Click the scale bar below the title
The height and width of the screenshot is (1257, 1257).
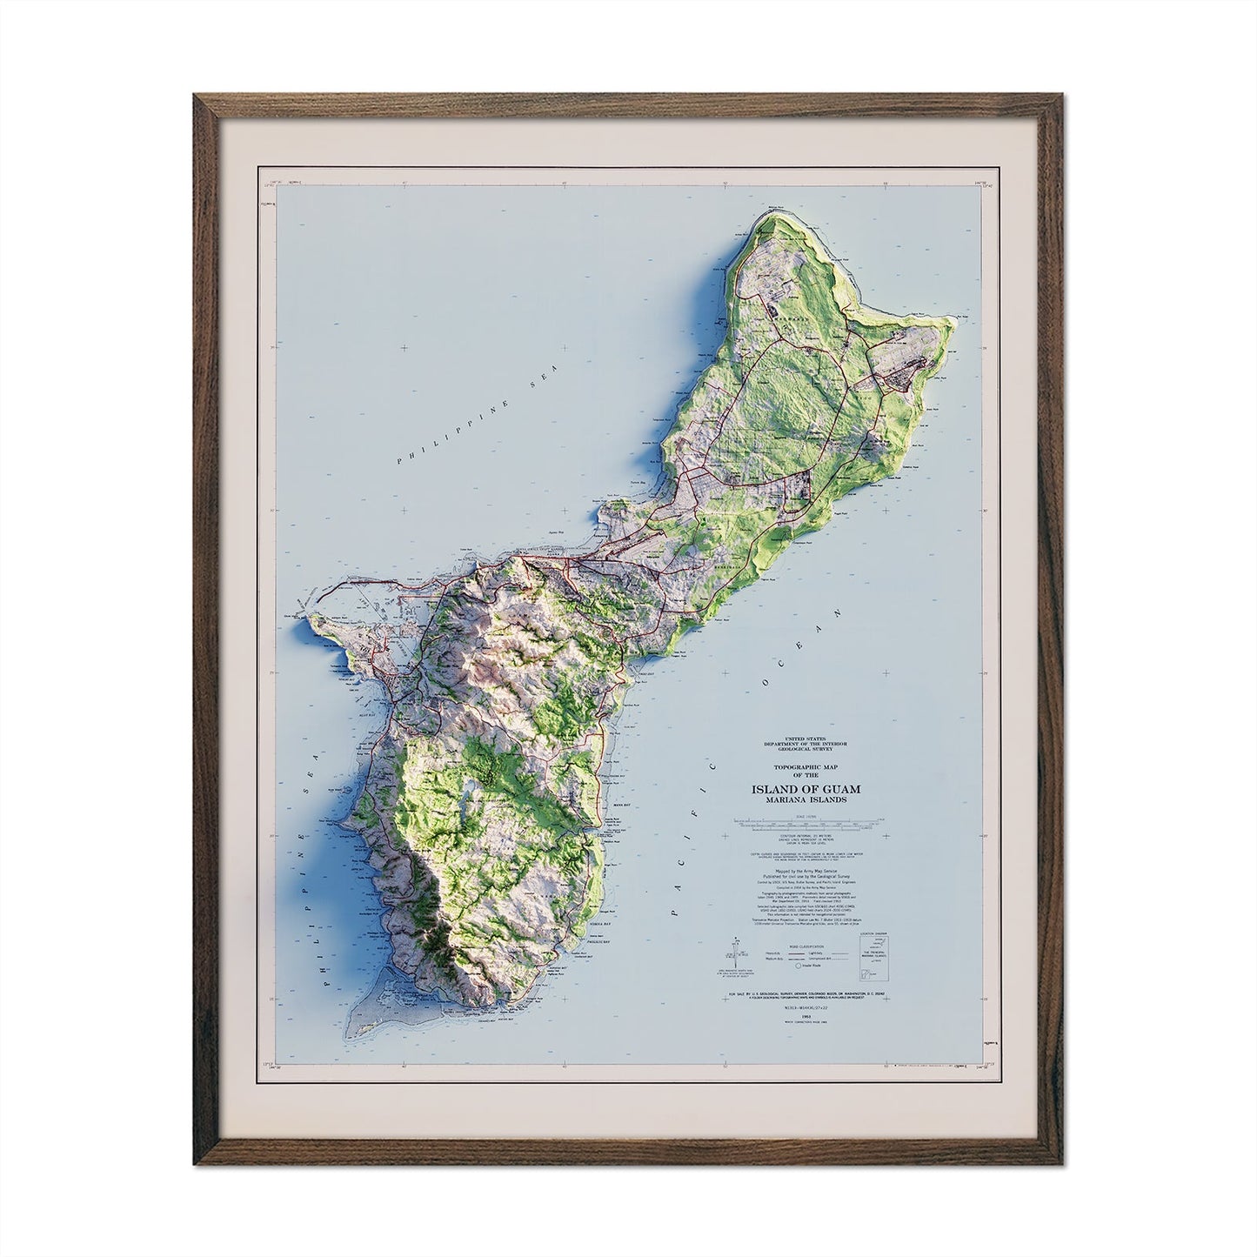coord(810,820)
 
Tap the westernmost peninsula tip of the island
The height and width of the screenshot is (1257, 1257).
coord(311,619)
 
